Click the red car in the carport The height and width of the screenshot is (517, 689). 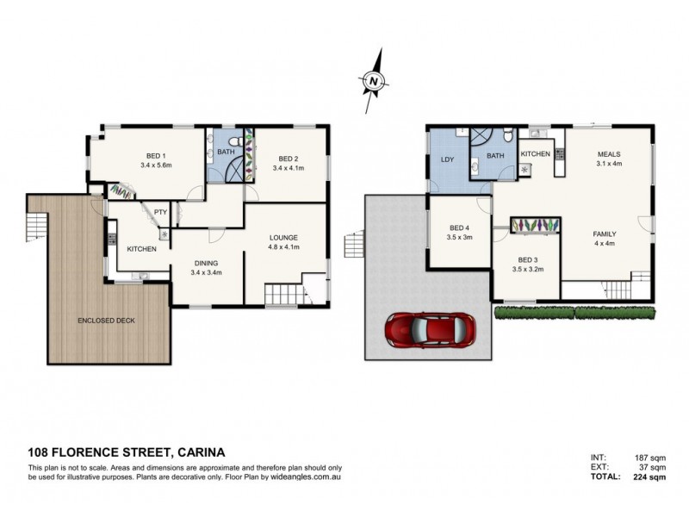pos(428,329)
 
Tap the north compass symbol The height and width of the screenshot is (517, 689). pos(373,80)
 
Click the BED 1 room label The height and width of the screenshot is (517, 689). pos(156,155)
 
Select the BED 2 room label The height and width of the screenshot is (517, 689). pos(289,159)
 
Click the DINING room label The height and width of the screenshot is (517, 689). pos(206,263)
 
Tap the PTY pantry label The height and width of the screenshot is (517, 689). pos(159,211)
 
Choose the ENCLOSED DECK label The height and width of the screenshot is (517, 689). pos(105,321)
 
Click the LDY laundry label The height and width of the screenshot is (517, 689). pos(448,160)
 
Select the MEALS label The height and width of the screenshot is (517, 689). pos(610,154)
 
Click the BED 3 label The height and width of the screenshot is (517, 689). pos(528,259)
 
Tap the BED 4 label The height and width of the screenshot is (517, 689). pos(459,228)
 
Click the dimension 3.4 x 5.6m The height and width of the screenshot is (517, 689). pos(156,165)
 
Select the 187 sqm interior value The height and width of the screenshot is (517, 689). pos(648,457)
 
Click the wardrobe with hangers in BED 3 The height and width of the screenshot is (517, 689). pos(536,225)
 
